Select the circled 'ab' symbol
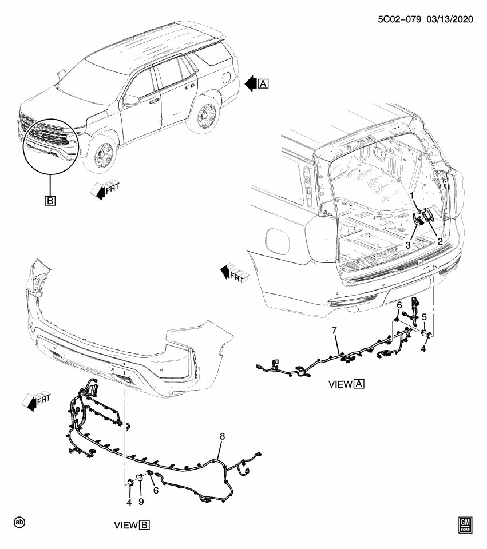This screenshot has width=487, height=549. pyautogui.click(x=21, y=522)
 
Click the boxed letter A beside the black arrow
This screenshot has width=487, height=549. pyautogui.click(x=263, y=84)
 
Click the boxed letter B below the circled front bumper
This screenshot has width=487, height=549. pyautogui.click(x=50, y=201)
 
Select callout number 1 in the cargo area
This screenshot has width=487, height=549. pyautogui.click(x=411, y=196)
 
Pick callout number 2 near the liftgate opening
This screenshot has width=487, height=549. pyautogui.click(x=440, y=241)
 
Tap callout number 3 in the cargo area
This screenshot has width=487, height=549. pyautogui.click(x=409, y=245)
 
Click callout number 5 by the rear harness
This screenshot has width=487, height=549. pyautogui.click(x=424, y=317)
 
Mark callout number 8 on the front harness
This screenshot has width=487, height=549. pyautogui.click(x=222, y=436)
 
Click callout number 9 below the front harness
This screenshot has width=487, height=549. pyautogui.click(x=141, y=502)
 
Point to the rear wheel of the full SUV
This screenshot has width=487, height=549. pyautogui.click(x=204, y=117)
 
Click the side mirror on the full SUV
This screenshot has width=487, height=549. pyautogui.click(x=132, y=101)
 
